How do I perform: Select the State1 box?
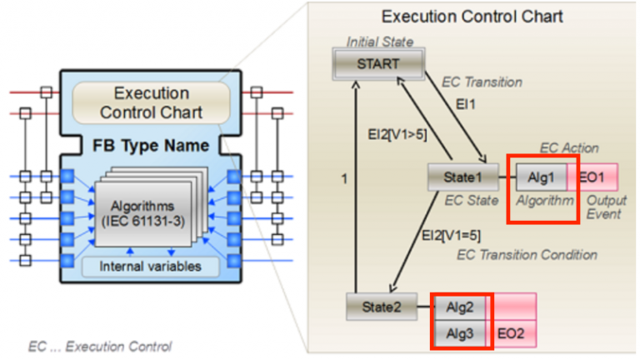(457, 177)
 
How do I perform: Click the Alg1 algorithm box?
(540, 177)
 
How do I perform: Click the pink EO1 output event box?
(594, 177)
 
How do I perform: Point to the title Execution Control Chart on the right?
(472, 17)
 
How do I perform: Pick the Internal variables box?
(151, 267)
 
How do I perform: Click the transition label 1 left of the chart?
(343, 178)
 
